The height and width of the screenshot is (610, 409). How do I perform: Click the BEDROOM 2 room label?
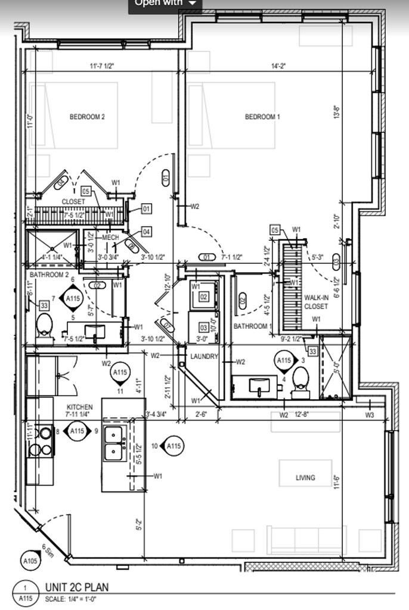click(87, 117)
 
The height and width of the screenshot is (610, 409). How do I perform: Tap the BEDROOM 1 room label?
click(262, 117)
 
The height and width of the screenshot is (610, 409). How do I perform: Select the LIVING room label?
click(305, 478)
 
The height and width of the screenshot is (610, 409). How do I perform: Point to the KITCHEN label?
click(79, 407)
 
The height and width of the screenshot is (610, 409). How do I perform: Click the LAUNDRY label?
click(203, 357)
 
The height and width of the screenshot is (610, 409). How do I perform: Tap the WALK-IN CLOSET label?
click(316, 301)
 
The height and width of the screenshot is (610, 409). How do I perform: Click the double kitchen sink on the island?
click(114, 444)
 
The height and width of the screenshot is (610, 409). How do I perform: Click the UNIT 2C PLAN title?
click(77, 587)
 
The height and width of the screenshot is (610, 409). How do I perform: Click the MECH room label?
click(111, 238)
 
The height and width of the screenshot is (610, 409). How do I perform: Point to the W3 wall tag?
click(369, 415)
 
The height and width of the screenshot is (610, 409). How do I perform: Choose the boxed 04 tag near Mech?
click(146, 232)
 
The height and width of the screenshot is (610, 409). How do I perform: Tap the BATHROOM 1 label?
click(253, 326)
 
